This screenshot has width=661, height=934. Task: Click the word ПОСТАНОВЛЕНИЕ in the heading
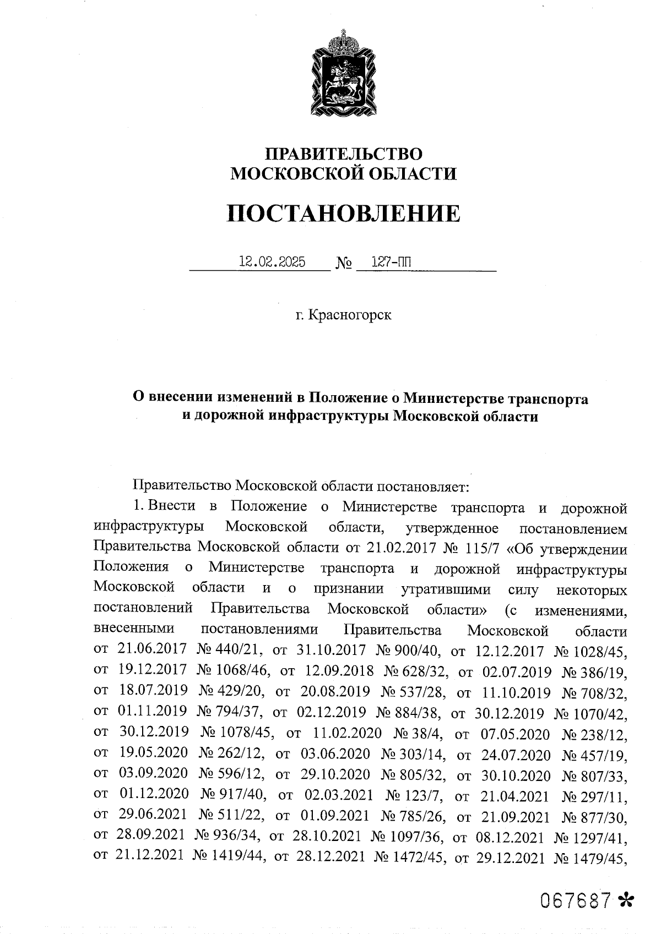pos(343,214)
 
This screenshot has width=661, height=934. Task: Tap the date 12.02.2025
pos(272,262)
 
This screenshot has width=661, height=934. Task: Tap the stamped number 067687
pos(576,900)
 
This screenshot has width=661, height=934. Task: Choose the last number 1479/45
pos(600,858)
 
